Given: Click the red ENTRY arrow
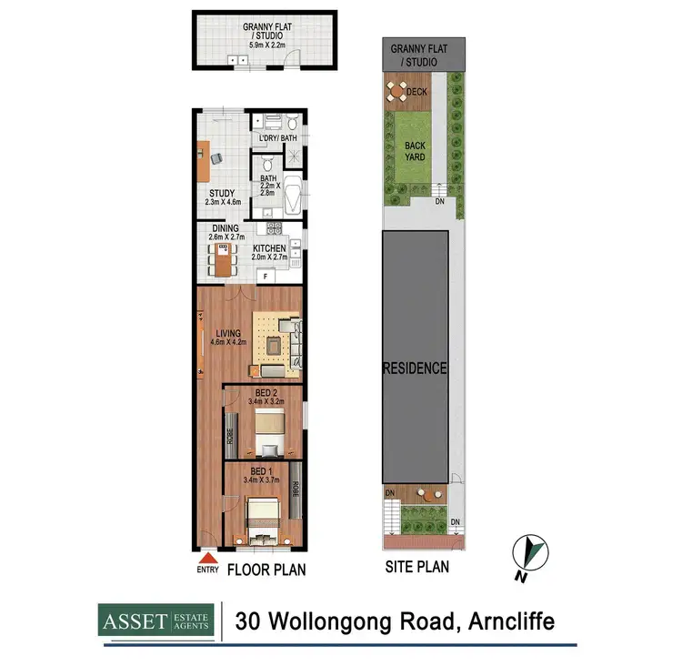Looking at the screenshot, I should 208,558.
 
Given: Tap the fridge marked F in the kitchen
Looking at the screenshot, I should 265,274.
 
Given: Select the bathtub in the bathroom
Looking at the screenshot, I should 293,195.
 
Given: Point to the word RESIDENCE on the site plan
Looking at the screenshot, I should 414,368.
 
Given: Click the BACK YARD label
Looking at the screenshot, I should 415,151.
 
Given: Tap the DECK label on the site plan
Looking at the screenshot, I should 417,92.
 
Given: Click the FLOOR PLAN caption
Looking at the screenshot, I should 266,570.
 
